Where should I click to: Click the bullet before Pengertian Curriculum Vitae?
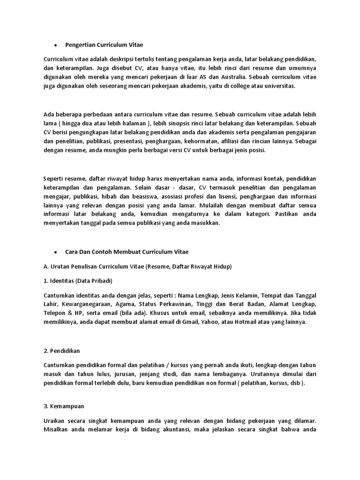click(55, 45)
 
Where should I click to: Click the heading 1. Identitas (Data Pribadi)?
click(78, 281)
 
